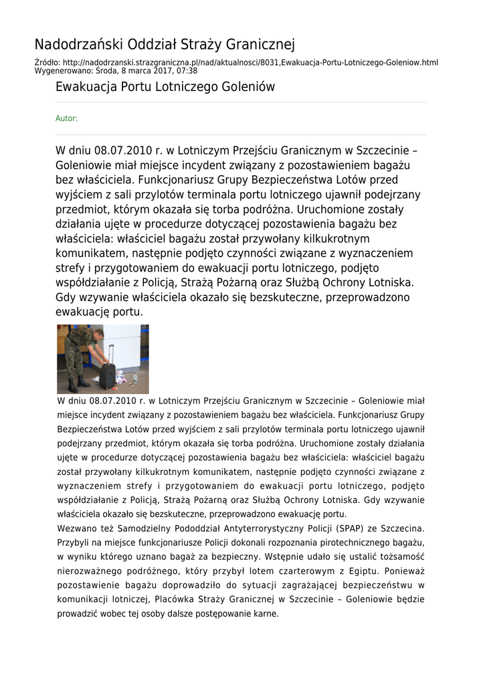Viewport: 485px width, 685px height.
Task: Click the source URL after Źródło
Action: pyautogui.click(x=254, y=62)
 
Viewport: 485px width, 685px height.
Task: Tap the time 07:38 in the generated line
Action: pyautogui.click(x=187, y=70)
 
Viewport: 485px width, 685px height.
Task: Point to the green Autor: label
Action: pyautogui.click(x=66, y=118)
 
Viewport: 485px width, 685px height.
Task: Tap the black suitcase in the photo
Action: pyautogui.click(x=107, y=376)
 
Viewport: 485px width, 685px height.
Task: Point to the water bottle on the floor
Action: pyautogui.click(x=134, y=378)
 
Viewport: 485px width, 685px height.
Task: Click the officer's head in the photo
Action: pyautogui.click(x=98, y=332)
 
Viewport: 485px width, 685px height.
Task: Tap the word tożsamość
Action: pyautogui.click(x=400, y=557)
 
